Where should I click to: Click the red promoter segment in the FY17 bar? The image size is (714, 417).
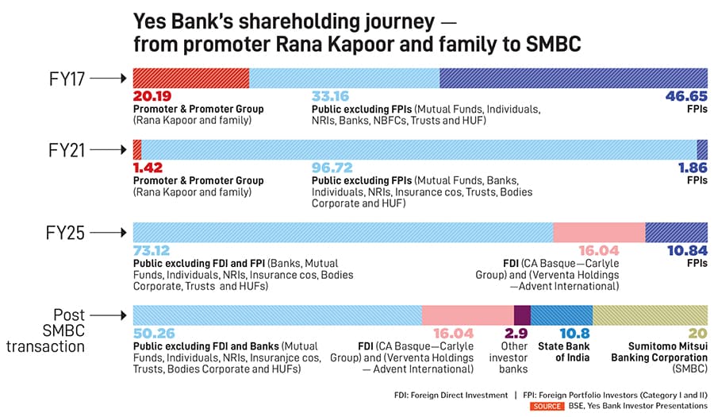pyautogui.click(x=191, y=78)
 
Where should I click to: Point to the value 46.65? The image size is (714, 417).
pyautogui.click(x=685, y=97)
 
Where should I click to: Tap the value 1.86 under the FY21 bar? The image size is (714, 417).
pyautogui.click(x=691, y=169)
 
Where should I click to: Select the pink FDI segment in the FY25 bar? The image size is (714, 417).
pyautogui.click(x=599, y=232)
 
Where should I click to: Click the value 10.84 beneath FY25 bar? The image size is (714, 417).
pyautogui.click(x=685, y=252)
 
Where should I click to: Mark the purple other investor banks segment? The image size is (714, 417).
pyautogui.click(x=522, y=315)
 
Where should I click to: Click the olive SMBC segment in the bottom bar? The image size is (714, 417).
pyautogui.click(x=650, y=315)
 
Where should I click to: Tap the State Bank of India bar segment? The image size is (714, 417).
pyautogui.click(x=561, y=315)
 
